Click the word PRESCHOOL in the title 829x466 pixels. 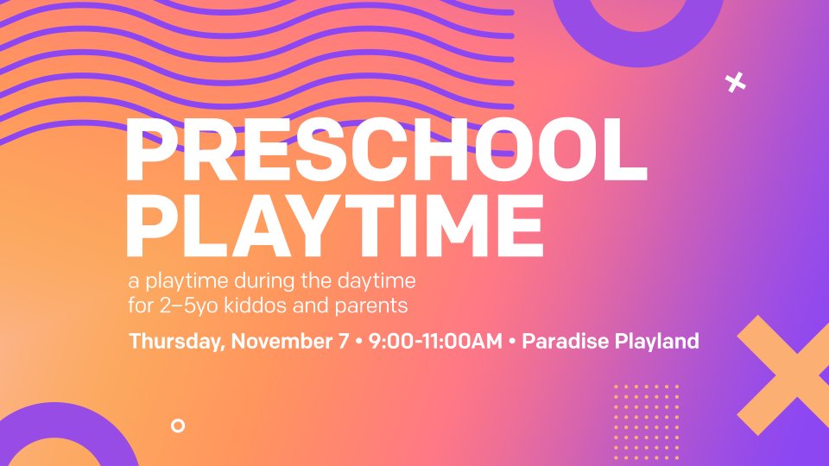click(387, 149)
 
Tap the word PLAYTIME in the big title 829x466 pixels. click(335, 225)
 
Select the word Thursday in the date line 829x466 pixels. click(177, 342)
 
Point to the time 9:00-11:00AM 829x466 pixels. click(435, 341)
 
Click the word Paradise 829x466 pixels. click(565, 341)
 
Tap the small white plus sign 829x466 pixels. click(736, 83)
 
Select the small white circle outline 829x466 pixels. click(178, 425)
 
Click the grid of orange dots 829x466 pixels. click(646, 423)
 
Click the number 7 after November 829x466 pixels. click(343, 342)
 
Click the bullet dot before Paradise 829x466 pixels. click(512, 342)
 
